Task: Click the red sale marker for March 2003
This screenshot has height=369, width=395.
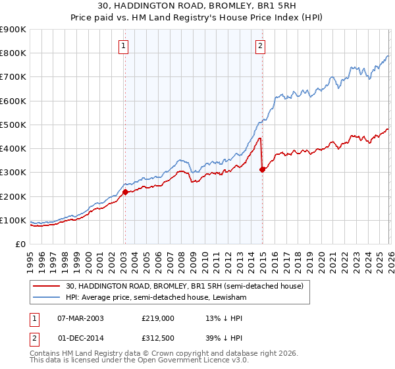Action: click(125, 192)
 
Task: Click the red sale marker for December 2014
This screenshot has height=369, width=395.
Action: click(262, 169)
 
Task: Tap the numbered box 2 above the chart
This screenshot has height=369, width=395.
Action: click(261, 45)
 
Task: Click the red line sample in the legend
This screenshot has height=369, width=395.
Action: click(47, 286)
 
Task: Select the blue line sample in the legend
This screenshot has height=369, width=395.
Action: click(47, 297)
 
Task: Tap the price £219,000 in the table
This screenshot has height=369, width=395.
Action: click(157, 318)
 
